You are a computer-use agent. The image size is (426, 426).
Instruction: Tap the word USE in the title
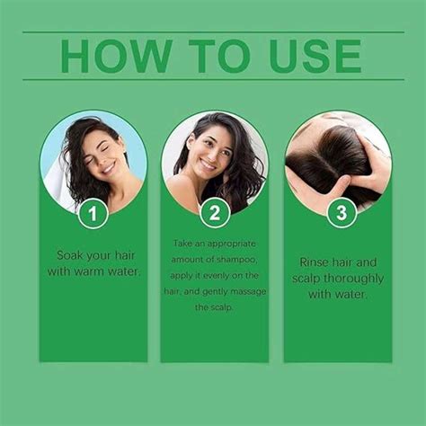(312, 56)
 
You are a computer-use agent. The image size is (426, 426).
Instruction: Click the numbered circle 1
(93, 213)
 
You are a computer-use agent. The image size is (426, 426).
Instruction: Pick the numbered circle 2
(214, 213)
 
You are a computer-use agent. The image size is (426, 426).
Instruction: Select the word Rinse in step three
(315, 262)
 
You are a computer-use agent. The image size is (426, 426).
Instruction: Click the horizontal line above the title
(213, 32)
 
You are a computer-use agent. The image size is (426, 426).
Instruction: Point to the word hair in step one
(123, 254)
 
